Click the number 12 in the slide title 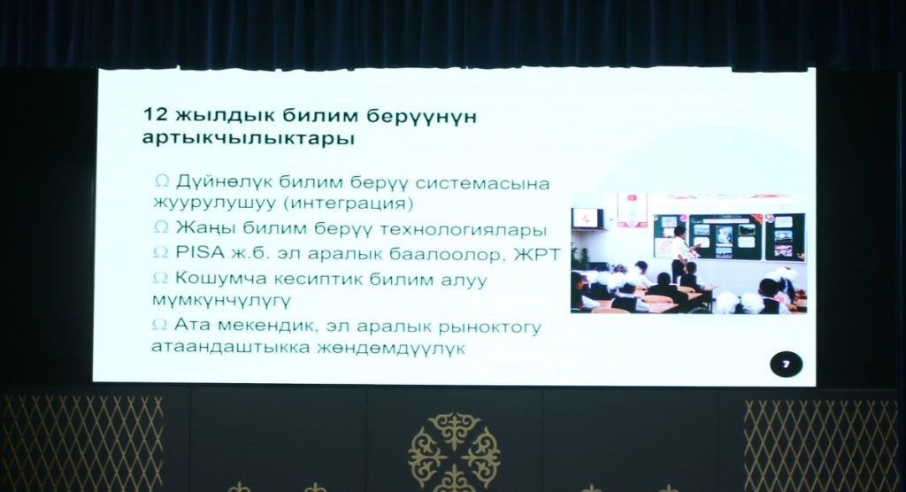point(155,114)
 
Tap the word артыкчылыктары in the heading point(249,139)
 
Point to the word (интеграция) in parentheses point(350,204)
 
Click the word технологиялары point(463,230)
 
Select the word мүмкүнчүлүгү point(221,301)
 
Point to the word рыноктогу point(490,327)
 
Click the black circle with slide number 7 point(786,365)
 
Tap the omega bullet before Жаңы point(161,227)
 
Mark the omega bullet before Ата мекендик point(159,325)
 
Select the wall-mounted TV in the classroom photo point(587,219)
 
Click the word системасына point(482,184)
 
